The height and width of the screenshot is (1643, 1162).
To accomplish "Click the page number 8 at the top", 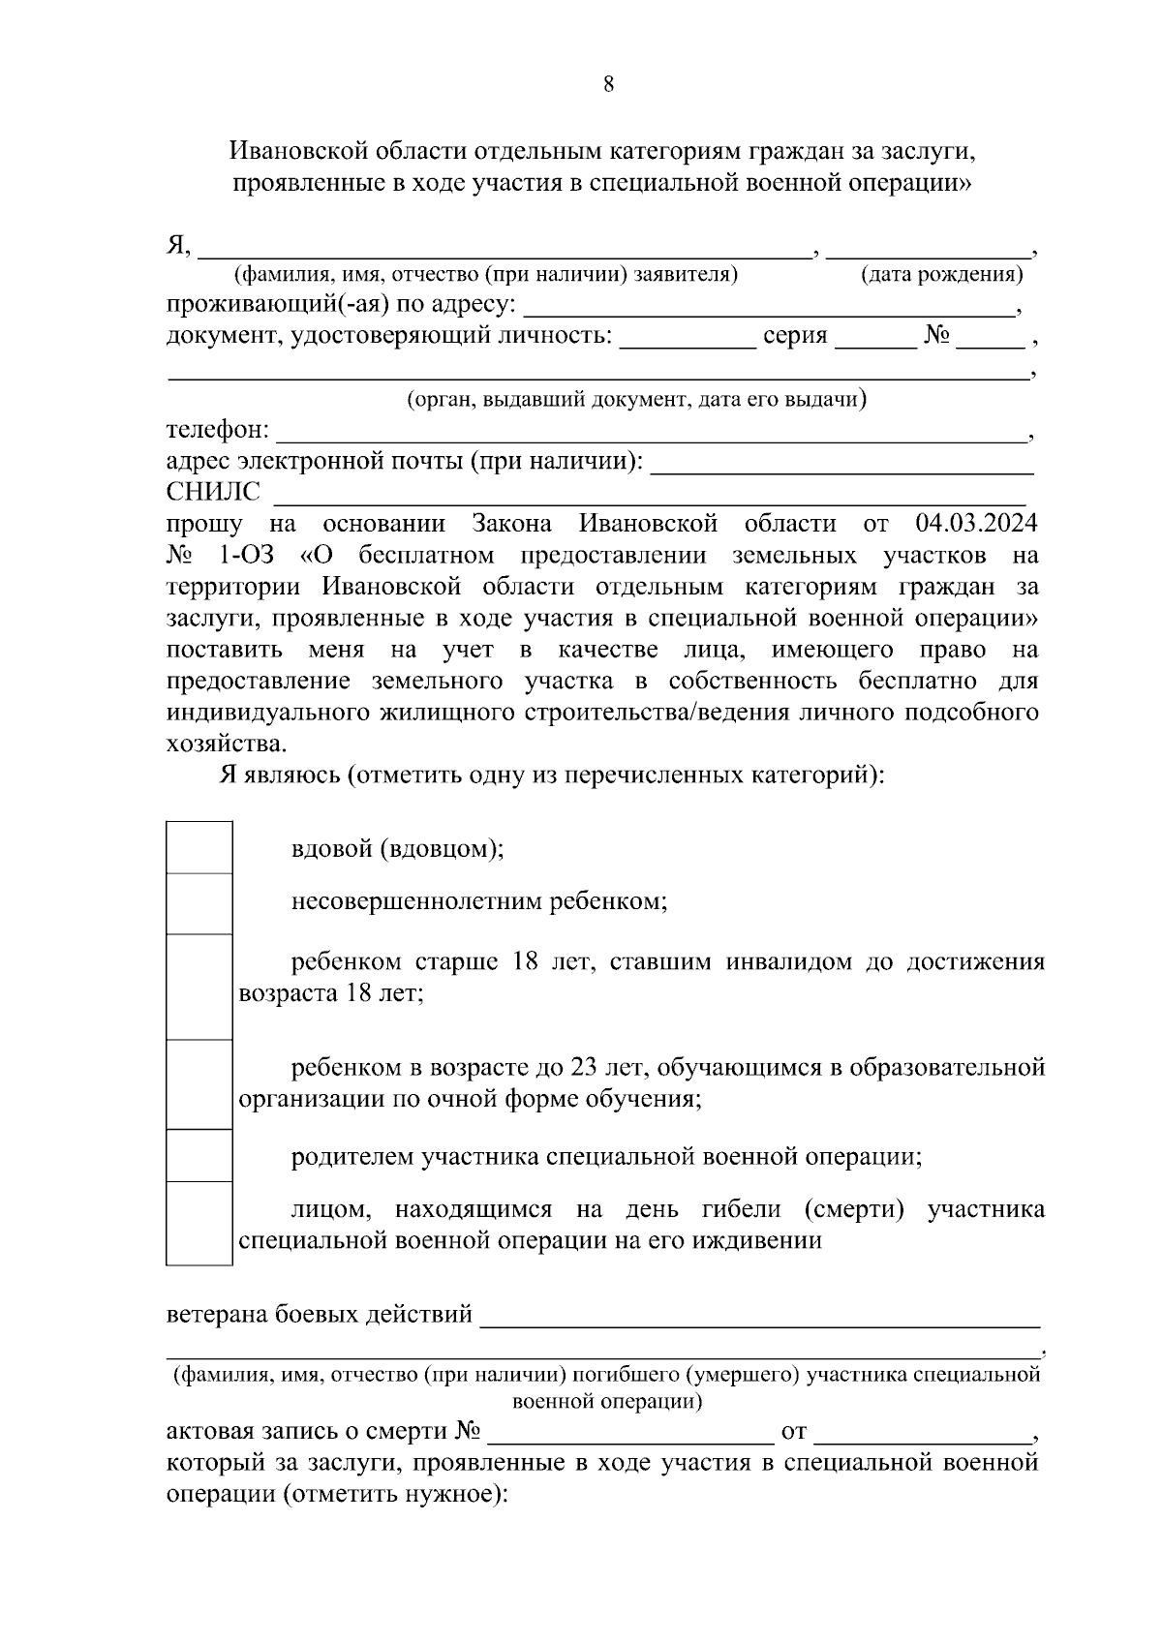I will pyautogui.click(x=608, y=84).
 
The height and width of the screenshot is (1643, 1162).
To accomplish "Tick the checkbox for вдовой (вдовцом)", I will pyautogui.click(x=199, y=848).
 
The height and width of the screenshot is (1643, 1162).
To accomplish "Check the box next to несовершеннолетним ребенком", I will pyautogui.click(x=199, y=903).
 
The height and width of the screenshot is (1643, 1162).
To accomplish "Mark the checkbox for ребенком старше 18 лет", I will pyautogui.click(x=199, y=987).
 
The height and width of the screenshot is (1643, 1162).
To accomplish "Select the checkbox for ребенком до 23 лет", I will pyautogui.click(x=199, y=1084).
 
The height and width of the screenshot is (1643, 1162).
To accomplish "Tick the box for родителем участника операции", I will pyautogui.click(x=199, y=1156).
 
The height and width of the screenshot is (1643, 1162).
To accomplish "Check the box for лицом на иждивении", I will pyautogui.click(x=199, y=1224).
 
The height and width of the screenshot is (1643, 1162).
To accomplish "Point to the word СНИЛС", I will pyautogui.click(x=213, y=493).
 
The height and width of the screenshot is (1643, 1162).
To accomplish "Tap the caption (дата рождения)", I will pyautogui.click(x=941, y=275).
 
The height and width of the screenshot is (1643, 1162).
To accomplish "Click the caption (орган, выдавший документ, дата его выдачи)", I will pyautogui.click(x=636, y=399).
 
